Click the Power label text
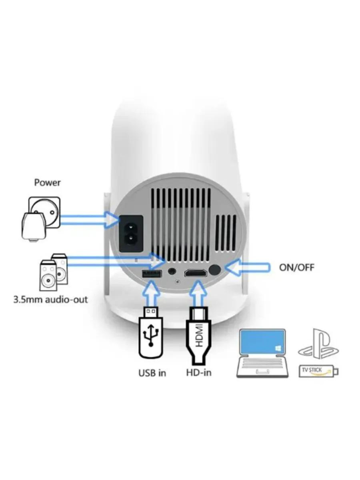[x=47, y=183]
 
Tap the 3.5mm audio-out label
[x=50, y=299]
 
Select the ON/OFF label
[x=296, y=267]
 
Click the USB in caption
[x=152, y=373]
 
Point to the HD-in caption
[x=198, y=372]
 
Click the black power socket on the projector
[x=131, y=233]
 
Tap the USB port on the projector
[x=152, y=274]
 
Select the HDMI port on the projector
[x=196, y=274]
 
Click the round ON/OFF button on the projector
[x=215, y=270]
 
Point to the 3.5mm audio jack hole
[x=172, y=271]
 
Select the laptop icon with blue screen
[x=262, y=353]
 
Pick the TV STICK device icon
[x=318, y=371]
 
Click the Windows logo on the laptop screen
[x=278, y=349]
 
